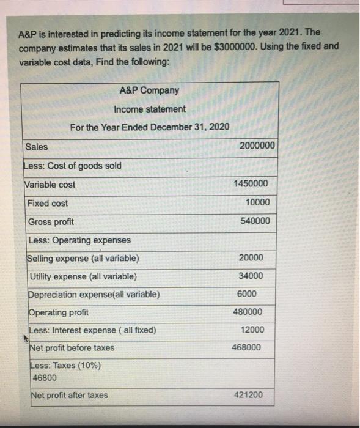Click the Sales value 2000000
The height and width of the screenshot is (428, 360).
257,146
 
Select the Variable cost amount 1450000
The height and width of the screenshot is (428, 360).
251,184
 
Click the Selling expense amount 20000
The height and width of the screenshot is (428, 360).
252,257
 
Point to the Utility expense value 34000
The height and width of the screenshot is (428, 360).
252,276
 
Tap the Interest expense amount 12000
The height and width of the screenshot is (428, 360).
252,330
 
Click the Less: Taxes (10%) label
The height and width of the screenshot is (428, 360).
65,366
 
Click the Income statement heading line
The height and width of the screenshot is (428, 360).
150,109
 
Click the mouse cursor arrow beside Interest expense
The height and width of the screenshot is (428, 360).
25,337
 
